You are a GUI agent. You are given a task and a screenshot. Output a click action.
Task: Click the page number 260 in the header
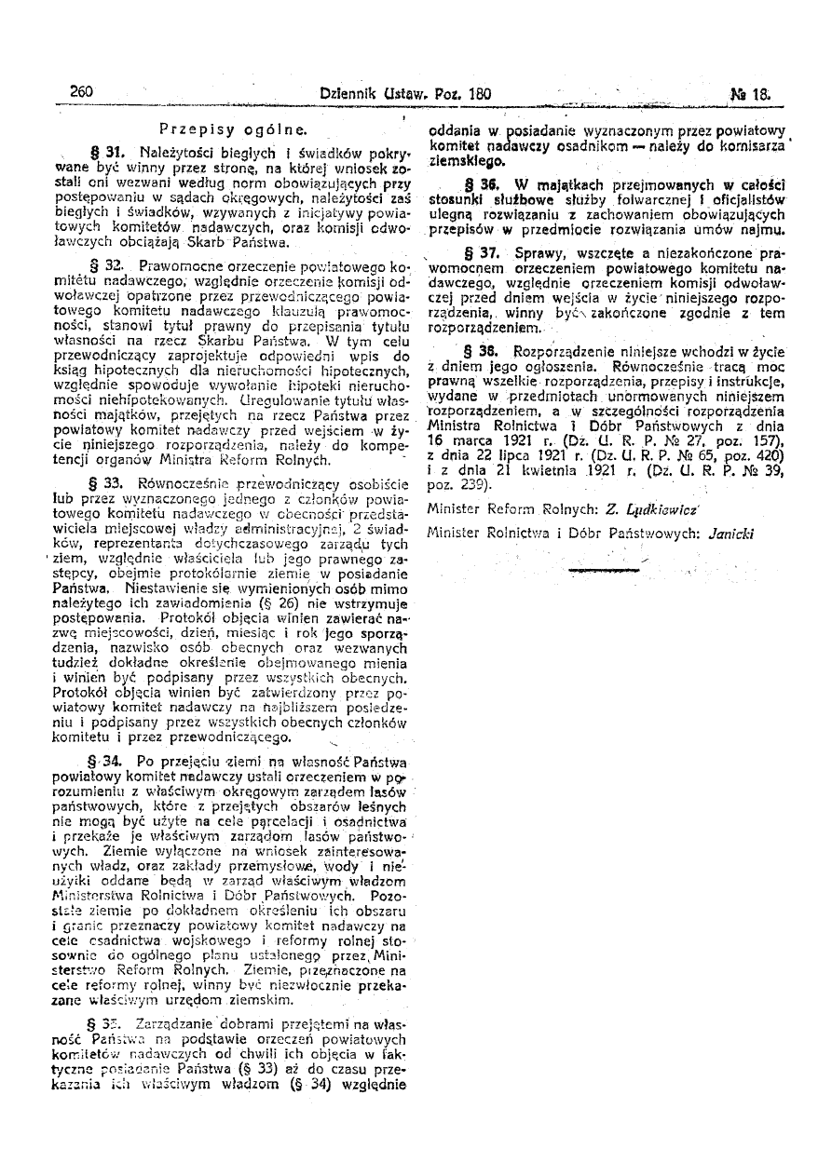(82, 93)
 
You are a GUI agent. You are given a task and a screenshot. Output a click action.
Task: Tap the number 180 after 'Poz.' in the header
(479, 94)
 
